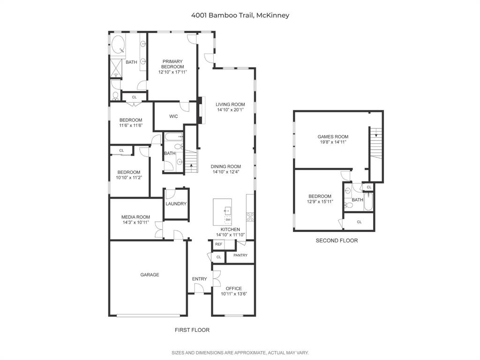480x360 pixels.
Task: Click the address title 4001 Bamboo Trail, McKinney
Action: coord(240,15)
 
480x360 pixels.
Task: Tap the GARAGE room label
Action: coord(150,275)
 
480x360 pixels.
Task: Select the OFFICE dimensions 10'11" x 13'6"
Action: coord(233,294)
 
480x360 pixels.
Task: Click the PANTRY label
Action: coord(240,255)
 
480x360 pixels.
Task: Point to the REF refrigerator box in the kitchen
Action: coord(218,244)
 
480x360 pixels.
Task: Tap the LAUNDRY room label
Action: coord(176,204)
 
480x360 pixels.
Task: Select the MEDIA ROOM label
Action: coord(135,217)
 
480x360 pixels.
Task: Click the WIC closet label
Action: coord(173,117)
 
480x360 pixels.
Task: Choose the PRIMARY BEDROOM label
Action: coord(172,64)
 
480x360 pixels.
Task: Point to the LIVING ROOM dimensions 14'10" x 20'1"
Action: coord(230,110)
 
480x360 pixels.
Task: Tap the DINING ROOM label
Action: coord(225,166)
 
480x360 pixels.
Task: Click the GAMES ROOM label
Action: coord(333,137)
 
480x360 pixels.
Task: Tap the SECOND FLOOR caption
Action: coord(336,240)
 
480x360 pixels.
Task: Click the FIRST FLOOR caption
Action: coord(192,330)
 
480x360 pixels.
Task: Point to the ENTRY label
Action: coord(199,279)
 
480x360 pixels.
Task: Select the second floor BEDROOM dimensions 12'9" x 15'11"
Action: coord(320,202)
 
